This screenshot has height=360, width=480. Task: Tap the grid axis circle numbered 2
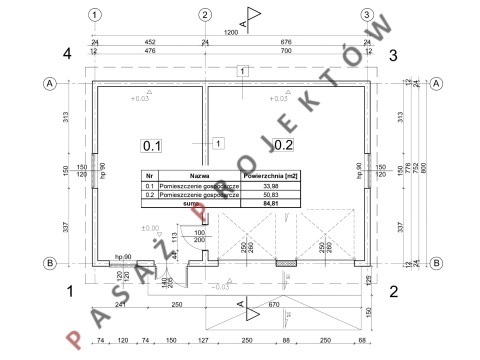[204, 15]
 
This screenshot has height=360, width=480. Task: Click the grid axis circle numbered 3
[367, 15]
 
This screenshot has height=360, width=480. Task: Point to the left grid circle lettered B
[47, 263]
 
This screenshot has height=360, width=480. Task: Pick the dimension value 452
[150, 42]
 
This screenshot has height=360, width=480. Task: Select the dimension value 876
[287, 42]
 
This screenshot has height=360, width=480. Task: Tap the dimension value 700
[287, 50]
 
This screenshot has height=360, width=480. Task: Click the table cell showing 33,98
[267, 185]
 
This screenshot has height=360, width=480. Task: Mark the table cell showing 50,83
[267, 194]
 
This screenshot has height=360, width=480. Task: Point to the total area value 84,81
[267, 203]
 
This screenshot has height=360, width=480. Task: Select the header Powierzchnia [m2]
[267, 175]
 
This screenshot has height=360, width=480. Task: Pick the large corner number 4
[68, 54]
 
